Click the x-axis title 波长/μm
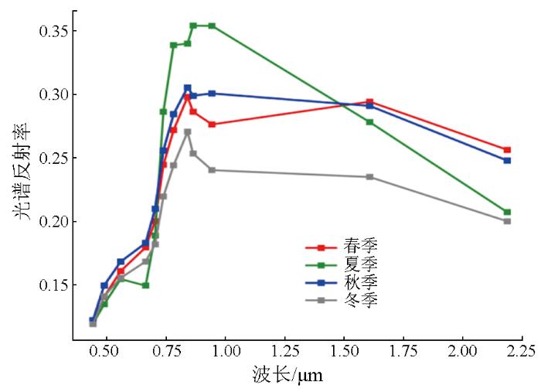[x=287, y=377]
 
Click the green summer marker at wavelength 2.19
[x=508, y=212]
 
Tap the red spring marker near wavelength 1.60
[x=369, y=102]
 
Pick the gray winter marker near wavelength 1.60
[x=369, y=177]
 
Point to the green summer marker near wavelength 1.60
[x=369, y=122]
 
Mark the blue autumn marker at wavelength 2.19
[x=508, y=160]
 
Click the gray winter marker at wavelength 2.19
[x=508, y=221]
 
